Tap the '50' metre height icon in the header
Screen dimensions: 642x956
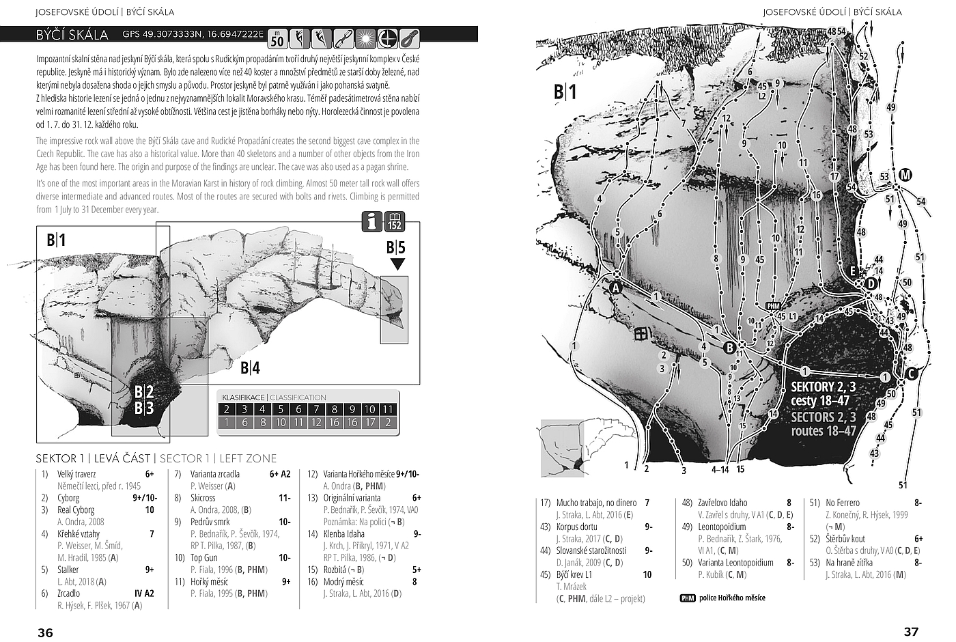(277, 39)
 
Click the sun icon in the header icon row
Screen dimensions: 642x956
(366, 38)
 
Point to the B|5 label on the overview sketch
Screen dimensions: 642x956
(396, 247)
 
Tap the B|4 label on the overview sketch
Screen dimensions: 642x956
(250, 368)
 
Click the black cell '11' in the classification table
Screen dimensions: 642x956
(388, 410)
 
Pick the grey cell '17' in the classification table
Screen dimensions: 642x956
(369, 423)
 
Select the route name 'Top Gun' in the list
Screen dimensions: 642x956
(203, 557)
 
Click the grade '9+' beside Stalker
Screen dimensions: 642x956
(149, 570)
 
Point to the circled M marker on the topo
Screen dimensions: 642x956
(905, 175)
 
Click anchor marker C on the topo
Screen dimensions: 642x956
(910, 374)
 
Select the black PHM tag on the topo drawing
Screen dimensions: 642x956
(773, 306)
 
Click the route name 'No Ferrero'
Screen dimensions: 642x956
(843, 503)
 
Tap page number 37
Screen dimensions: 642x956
(911, 632)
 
